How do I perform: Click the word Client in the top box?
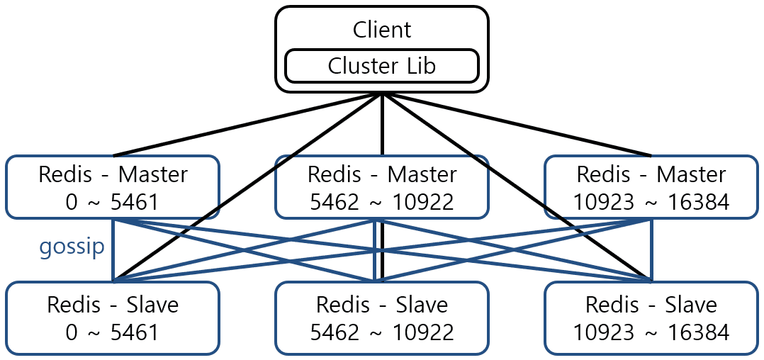(x=381, y=30)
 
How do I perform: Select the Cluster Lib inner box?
(x=381, y=66)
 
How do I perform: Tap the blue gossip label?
(x=72, y=246)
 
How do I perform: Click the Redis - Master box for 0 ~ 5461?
(x=113, y=187)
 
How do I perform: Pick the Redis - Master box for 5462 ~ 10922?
(x=381, y=187)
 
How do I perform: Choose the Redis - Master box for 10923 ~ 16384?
(x=651, y=187)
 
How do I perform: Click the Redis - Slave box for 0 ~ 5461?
(x=113, y=318)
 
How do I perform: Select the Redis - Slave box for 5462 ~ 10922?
(x=381, y=318)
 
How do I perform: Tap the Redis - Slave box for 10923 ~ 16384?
(x=651, y=318)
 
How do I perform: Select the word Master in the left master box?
(x=152, y=174)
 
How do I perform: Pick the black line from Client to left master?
(x=248, y=125)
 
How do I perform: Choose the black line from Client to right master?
(x=517, y=125)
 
